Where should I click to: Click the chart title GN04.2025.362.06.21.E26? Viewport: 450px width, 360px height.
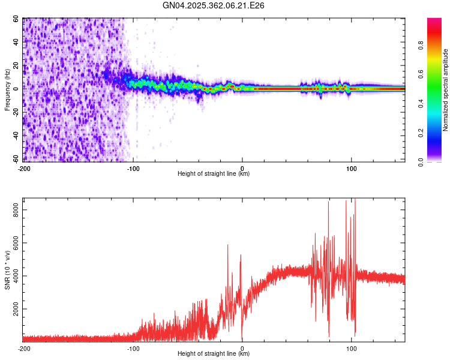click(214, 5)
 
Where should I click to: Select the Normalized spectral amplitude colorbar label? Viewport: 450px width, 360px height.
click(446, 90)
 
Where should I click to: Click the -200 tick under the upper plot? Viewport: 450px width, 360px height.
click(24, 168)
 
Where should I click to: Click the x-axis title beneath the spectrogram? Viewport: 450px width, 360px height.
click(214, 174)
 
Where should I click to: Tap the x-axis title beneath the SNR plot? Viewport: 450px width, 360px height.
click(214, 354)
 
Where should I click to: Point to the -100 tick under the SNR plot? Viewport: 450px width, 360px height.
click(133, 348)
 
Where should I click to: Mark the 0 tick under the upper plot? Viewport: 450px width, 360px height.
click(242, 168)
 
